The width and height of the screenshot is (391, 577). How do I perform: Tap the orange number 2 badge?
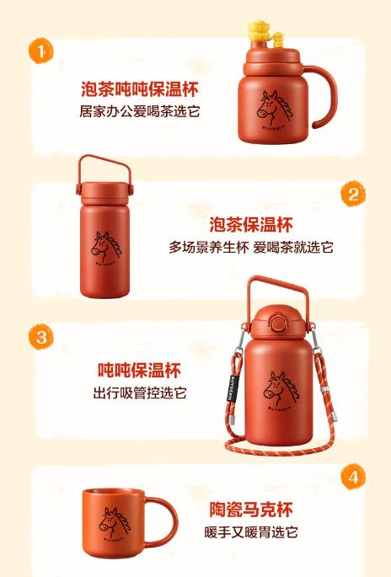pyautogui.click(x=353, y=195)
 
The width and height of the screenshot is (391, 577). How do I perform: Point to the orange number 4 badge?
pyautogui.click(x=353, y=478)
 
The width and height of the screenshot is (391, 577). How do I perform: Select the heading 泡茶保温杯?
pyautogui.click(x=250, y=225)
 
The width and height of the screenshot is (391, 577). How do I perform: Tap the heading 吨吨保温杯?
pyautogui.click(x=139, y=371)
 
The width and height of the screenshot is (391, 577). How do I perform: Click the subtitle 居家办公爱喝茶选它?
pyautogui.click(x=140, y=111)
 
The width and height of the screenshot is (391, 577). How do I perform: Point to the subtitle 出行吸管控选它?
pyautogui.click(x=139, y=393)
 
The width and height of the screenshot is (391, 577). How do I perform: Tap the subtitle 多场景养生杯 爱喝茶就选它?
pyautogui.click(x=250, y=247)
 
